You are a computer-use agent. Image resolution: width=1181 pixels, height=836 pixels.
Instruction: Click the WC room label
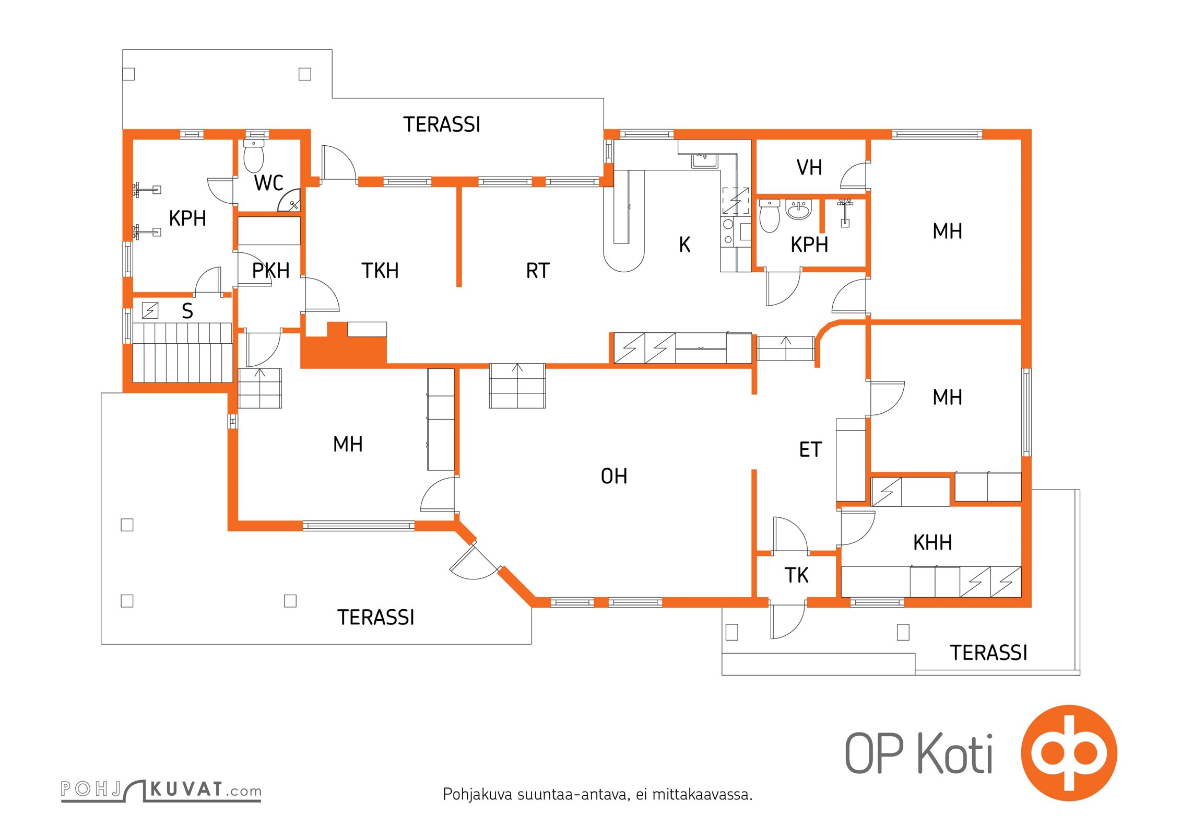(268, 183)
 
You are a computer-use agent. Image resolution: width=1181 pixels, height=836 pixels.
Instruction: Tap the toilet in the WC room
(254, 156)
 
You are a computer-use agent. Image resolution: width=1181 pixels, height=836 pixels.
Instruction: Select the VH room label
(809, 168)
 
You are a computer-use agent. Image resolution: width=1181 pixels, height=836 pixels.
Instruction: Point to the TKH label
(380, 271)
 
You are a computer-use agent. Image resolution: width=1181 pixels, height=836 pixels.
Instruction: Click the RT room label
(537, 271)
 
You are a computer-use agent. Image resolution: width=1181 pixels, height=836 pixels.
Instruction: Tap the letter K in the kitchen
(684, 245)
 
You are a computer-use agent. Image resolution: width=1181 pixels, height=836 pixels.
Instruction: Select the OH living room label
(613, 476)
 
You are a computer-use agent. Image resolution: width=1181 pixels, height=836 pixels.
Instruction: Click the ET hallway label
(810, 449)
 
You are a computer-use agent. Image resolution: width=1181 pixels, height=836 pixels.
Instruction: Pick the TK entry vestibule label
(796, 575)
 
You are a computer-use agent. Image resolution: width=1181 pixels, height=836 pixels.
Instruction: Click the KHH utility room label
(932, 542)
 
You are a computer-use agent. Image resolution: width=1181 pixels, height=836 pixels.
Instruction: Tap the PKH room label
(270, 271)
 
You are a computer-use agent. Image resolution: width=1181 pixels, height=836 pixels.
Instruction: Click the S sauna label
(187, 311)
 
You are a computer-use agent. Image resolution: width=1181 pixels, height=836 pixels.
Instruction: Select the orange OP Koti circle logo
(1068, 752)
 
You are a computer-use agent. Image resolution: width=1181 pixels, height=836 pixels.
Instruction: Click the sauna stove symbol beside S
(150, 310)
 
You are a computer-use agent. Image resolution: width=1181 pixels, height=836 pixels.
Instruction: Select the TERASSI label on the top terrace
(441, 124)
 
